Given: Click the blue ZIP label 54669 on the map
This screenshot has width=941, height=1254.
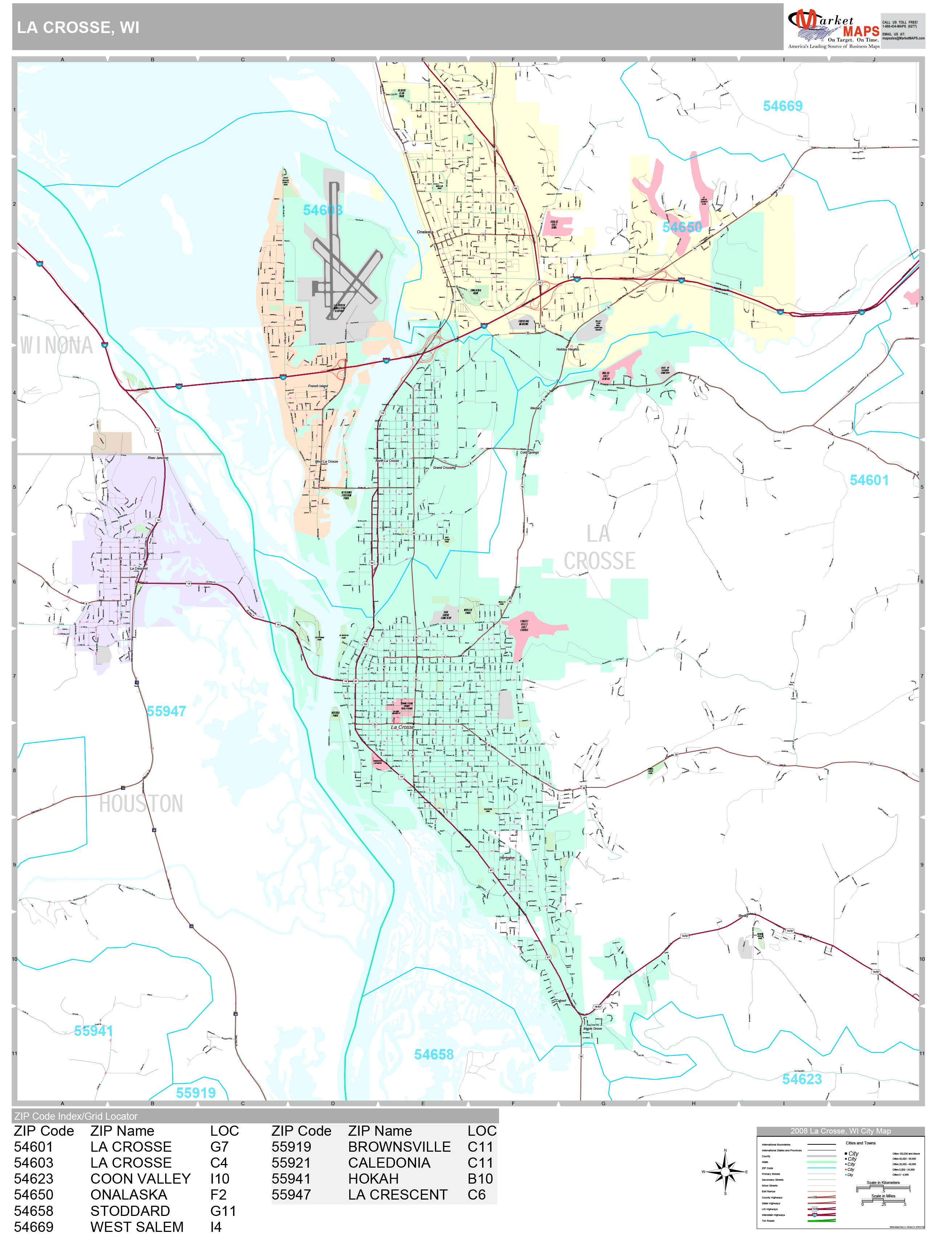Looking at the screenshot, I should (x=782, y=106).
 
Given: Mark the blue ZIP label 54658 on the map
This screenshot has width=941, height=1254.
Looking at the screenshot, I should (x=433, y=1054).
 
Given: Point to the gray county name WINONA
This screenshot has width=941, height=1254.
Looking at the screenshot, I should (x=56, y=345).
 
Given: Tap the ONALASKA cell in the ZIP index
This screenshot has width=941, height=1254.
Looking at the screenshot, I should (x=129, y=1194).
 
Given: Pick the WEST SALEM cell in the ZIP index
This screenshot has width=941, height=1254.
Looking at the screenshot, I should (x=137, y=1227).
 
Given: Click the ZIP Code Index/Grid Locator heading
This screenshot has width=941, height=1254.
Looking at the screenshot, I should (x=76, y=1116).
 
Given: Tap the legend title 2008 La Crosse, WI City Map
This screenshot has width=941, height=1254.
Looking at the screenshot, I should (x=840, y=1131).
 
